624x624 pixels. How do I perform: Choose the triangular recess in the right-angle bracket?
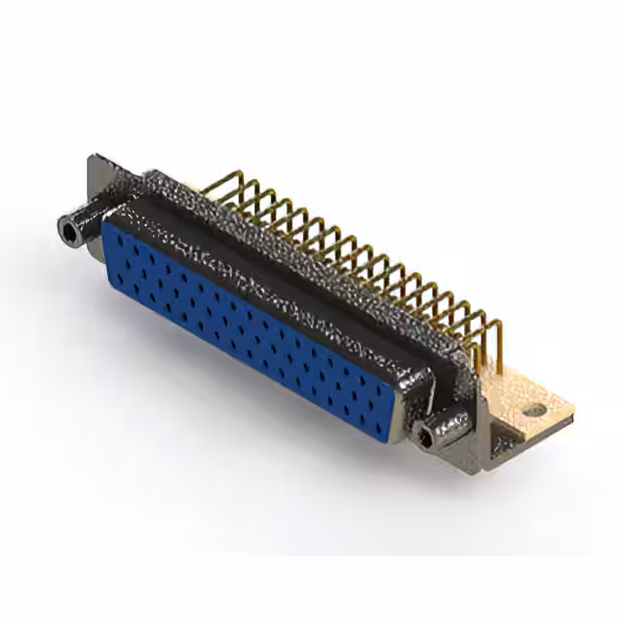click(505, 444)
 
